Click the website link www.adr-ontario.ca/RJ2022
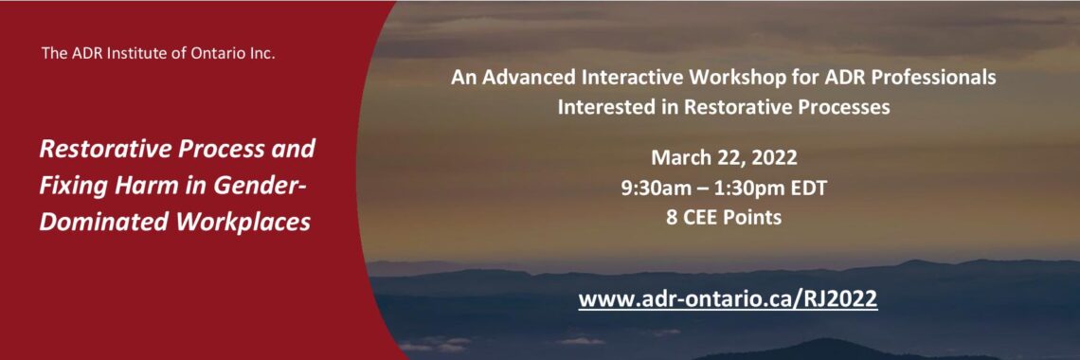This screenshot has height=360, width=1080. click(728, 298)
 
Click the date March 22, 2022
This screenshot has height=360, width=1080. click(723, 157)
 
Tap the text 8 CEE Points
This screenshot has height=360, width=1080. click(723, 216)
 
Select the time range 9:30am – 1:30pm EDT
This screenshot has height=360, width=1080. click(723, 188)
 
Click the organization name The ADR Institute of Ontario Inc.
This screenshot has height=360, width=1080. click(158, 53)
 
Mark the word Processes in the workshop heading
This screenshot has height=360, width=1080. click(843, 107)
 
